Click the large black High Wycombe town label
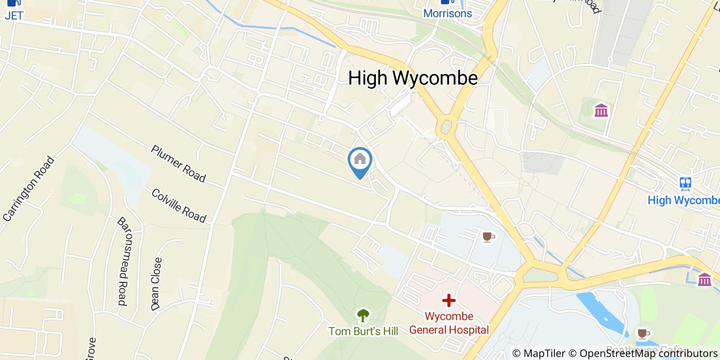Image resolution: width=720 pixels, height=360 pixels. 412,78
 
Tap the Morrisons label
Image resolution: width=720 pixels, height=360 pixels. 447,13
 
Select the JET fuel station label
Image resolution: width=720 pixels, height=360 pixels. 14,15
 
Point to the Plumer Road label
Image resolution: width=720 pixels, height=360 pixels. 178,164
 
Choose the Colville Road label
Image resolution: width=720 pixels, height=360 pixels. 178,206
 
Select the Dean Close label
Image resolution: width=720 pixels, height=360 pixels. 156,284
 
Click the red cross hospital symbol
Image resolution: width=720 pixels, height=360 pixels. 448,300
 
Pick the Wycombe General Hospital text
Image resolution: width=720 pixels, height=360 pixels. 448,323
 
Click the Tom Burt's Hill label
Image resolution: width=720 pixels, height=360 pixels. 363,331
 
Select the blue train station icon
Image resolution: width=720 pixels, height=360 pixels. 685,183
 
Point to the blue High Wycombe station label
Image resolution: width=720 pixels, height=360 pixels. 683,200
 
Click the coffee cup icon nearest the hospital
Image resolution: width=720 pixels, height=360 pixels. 488,237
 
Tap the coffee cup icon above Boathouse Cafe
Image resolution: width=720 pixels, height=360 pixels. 643,333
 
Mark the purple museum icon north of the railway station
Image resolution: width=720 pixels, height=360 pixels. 601,110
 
